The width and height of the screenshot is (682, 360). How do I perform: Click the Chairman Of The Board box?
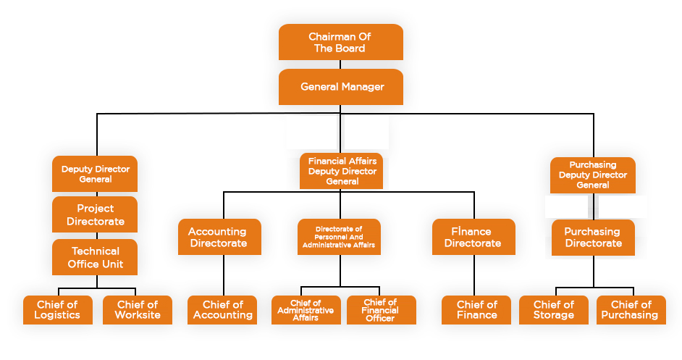(x=340, y=42)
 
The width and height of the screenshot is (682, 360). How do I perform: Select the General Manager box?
(x=340, y=87)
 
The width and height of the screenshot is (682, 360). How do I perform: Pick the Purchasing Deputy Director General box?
(x=593, y=175)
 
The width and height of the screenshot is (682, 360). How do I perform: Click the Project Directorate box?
(x=95, y=215)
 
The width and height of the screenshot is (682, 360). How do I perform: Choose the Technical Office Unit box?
(x=95, y=258)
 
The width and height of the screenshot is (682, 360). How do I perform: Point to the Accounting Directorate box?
(x=217, y=237)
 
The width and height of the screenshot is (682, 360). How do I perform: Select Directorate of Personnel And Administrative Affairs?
(x=339, y=237)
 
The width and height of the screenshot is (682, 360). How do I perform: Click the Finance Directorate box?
(x=473, y=237)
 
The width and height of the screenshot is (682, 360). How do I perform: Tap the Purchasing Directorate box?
(x=593, y=237)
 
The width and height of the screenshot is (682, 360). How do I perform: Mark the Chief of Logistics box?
(x=57, y=310)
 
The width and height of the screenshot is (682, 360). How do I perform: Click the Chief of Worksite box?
(x=138, y=310)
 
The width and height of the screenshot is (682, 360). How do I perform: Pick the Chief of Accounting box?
(x=222, y=310)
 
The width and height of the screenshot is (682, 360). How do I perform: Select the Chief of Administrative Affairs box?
(x=306, y=310)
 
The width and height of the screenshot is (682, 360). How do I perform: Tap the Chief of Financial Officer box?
(x=381, y=310)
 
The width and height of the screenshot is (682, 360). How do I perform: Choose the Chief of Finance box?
(x=476, y=310)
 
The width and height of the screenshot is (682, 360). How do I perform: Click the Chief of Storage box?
(x=553, y=310)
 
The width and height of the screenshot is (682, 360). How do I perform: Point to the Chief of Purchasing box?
(x=631, y=310)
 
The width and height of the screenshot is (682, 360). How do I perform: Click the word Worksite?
(x=138, y=315)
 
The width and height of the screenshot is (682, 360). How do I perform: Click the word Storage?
(x=553, y=315)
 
